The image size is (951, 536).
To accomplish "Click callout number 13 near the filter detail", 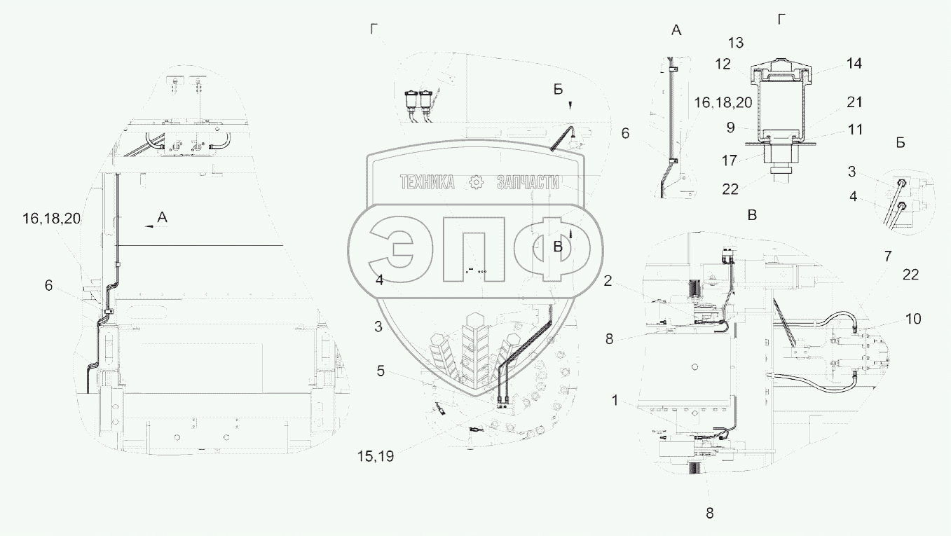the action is (736, 43).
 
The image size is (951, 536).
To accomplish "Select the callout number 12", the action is (723, 64).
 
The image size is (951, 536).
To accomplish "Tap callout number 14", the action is (854, 64).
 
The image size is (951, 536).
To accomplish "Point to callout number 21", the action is (854, 102).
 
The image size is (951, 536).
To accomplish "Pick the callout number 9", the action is (730, 128).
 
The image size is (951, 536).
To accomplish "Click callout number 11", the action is (855, 130).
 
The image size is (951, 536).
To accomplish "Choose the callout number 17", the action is (730, 161).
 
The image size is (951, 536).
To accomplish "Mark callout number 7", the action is (888, 256).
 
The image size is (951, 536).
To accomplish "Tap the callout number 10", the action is (913, 319).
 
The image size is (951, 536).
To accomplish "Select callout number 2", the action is (608, 280).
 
